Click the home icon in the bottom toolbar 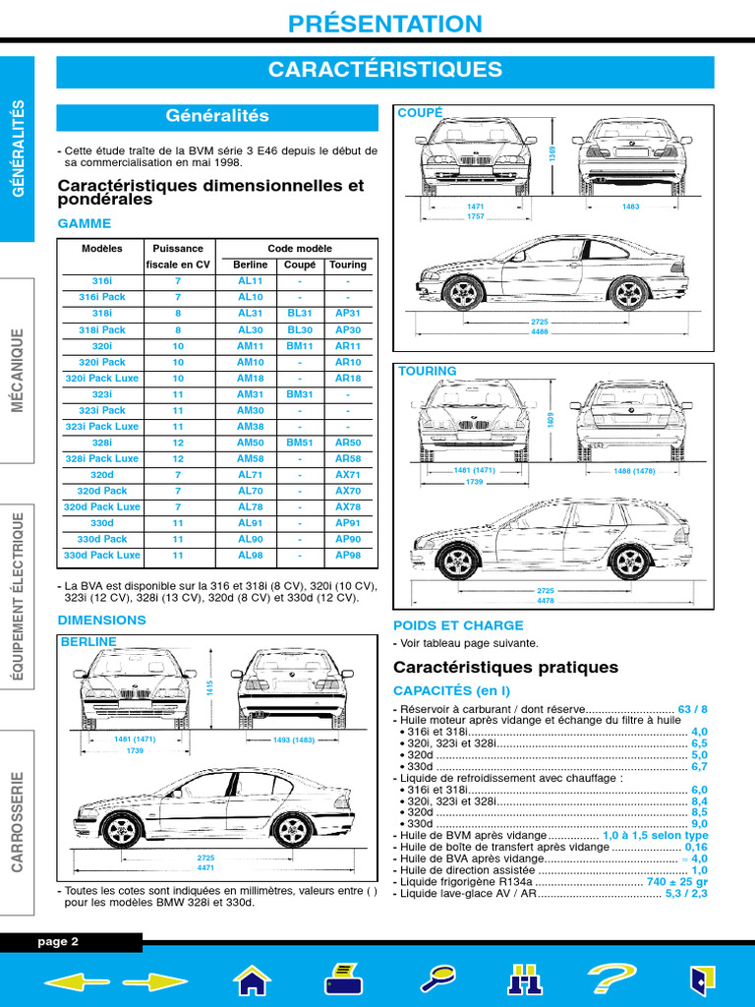tap(252, 979)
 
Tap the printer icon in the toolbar tap(345, 979)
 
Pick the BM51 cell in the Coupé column tap(299, 443)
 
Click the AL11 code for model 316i tap(251, 281)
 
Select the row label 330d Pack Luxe tap(102, 556)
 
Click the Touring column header tap(347, 265)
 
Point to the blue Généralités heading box tap(217, 117)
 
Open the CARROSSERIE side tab tap(18, 821)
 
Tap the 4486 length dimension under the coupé tap(540, 332)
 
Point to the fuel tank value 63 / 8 tap(692, 709)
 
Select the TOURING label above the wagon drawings tap(427, 372)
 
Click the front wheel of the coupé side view tap(463, 292)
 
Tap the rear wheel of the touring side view tap(629, 562)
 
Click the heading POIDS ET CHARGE tap(458, 625)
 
